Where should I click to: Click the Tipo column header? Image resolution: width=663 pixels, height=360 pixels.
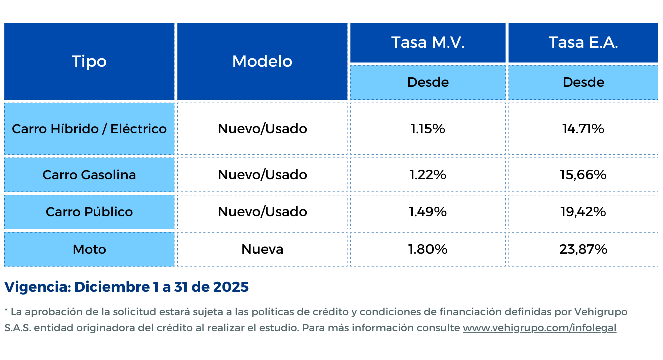click(x=89, y=61)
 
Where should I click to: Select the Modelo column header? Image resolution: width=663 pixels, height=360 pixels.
click(x=262, y=61)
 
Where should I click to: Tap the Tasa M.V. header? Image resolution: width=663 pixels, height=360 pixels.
click(x=428, y=42)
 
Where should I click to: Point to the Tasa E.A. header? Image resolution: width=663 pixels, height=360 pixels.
click(x=583, y=42)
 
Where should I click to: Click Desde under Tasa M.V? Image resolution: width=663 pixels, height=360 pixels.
click(x=428, y=82)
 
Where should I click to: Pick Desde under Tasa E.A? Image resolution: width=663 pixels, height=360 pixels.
click(x=583, y=82)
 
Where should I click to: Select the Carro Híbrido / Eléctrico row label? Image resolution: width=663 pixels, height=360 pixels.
click(x=89, y=129)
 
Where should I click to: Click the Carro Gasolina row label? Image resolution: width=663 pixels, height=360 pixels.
click(x=89, y=175)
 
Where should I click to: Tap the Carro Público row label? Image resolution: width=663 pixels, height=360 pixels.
click(x=89, y=212)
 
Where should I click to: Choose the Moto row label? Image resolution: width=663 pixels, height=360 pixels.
click(x=89, y=249)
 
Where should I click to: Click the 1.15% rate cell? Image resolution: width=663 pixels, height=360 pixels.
click(x=428, y=129)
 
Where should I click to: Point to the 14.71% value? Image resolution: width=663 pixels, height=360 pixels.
click(x=583, y=129)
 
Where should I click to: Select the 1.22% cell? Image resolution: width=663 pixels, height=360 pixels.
click(x=428, y=175)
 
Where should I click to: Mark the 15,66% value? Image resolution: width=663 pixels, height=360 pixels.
click(x=583, y=175)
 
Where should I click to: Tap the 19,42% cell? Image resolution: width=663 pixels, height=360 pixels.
click(x=583, y=212)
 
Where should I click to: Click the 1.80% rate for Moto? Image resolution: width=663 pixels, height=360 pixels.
click(x=428, y=249)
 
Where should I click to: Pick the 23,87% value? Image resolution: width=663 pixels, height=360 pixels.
click(x=583, y=249)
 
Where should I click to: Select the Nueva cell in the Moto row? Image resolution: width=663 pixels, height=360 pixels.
click(x=262, y=249)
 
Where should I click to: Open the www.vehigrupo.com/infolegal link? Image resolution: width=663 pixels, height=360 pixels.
click(x=539, y=328)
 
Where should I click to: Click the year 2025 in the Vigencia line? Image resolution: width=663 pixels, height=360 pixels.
click(x=231, y=287)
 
